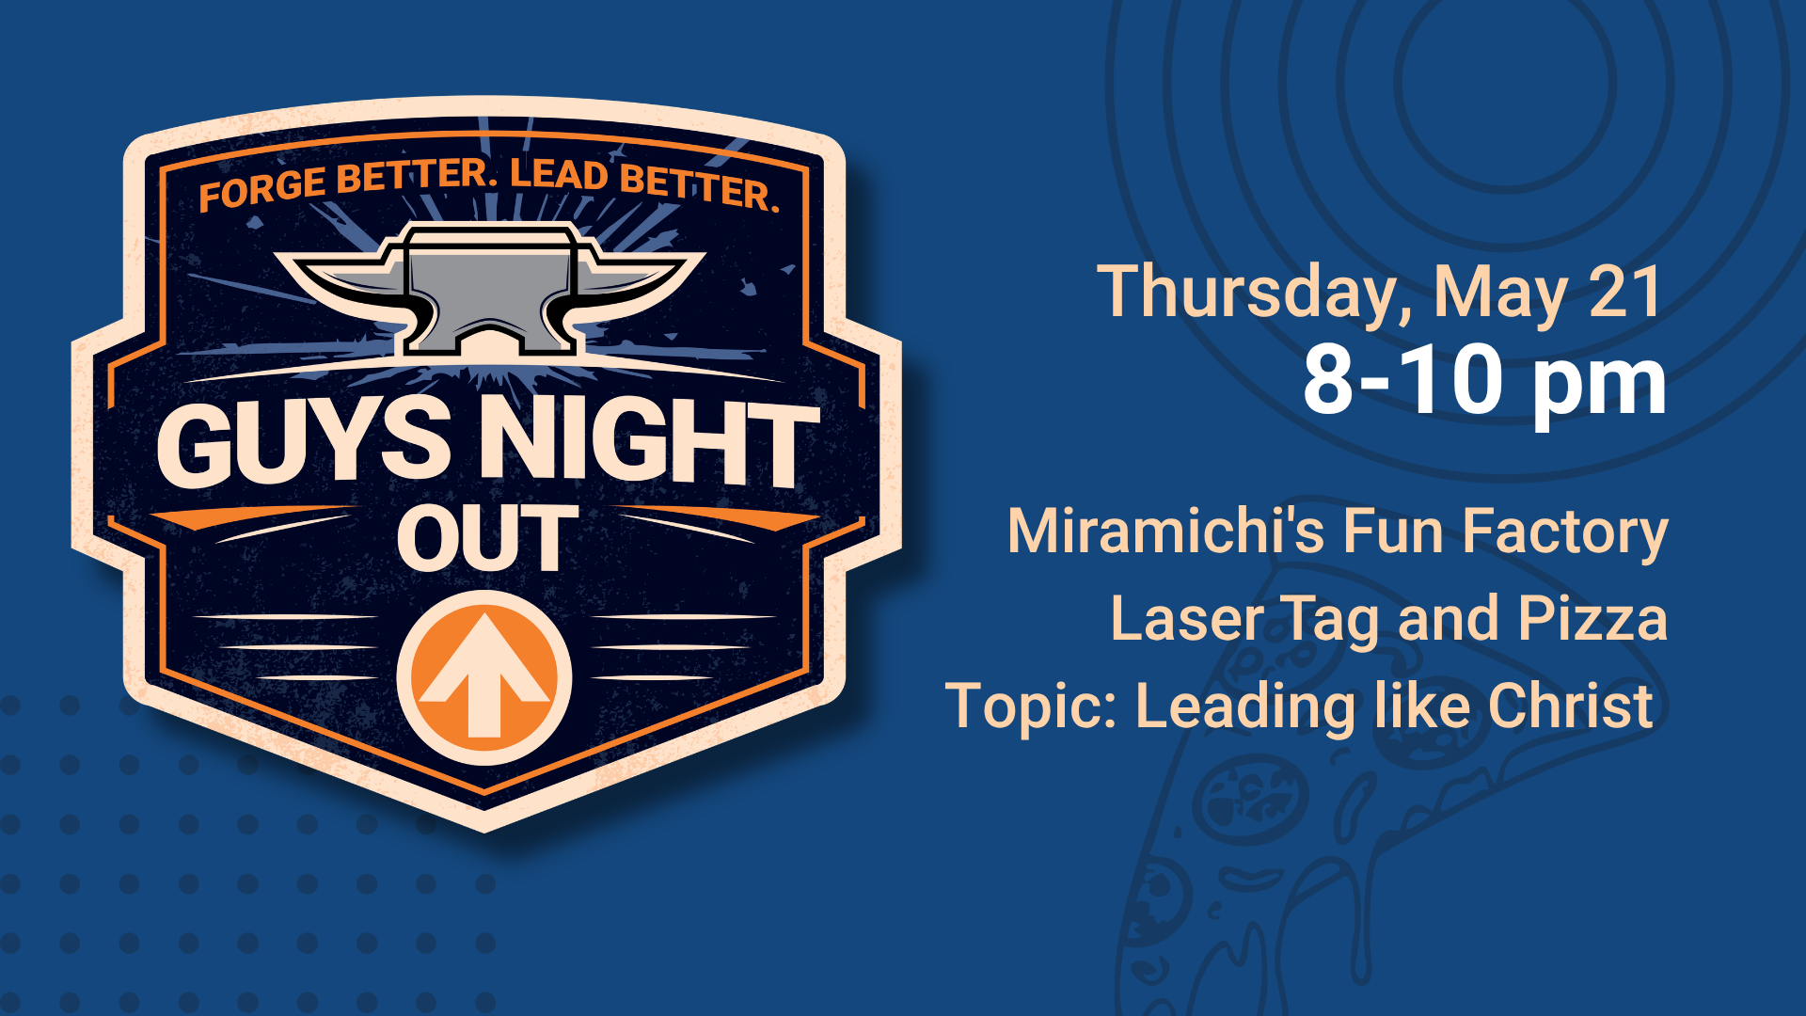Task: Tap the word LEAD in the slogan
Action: (559, 175)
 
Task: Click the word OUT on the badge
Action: (487, 538)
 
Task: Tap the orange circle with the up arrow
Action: (484, 677)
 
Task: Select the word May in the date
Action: (1501, 294)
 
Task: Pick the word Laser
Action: (1187, 619)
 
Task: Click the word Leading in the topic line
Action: (1246, 707)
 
